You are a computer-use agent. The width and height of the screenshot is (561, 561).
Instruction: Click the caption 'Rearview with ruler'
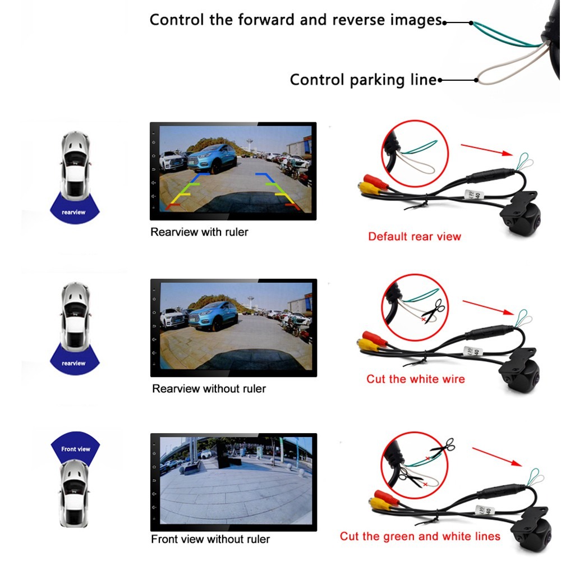point(199,232)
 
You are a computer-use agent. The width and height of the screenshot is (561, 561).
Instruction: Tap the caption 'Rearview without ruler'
point(209,388)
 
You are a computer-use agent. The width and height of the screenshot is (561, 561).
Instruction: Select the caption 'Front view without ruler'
point(210,540)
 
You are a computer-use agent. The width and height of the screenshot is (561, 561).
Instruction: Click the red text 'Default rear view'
point(415,236)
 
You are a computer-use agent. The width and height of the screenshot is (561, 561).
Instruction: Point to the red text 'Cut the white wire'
point(416,379)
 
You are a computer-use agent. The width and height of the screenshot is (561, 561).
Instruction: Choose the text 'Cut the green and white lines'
point(420,537)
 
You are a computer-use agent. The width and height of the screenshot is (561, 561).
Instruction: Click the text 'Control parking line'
point(363,80)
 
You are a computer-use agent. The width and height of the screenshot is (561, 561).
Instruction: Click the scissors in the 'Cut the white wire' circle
point(434,311)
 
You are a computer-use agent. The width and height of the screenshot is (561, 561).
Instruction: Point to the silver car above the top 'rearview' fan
point(75,163)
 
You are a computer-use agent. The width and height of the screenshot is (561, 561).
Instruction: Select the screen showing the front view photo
point(234,482)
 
